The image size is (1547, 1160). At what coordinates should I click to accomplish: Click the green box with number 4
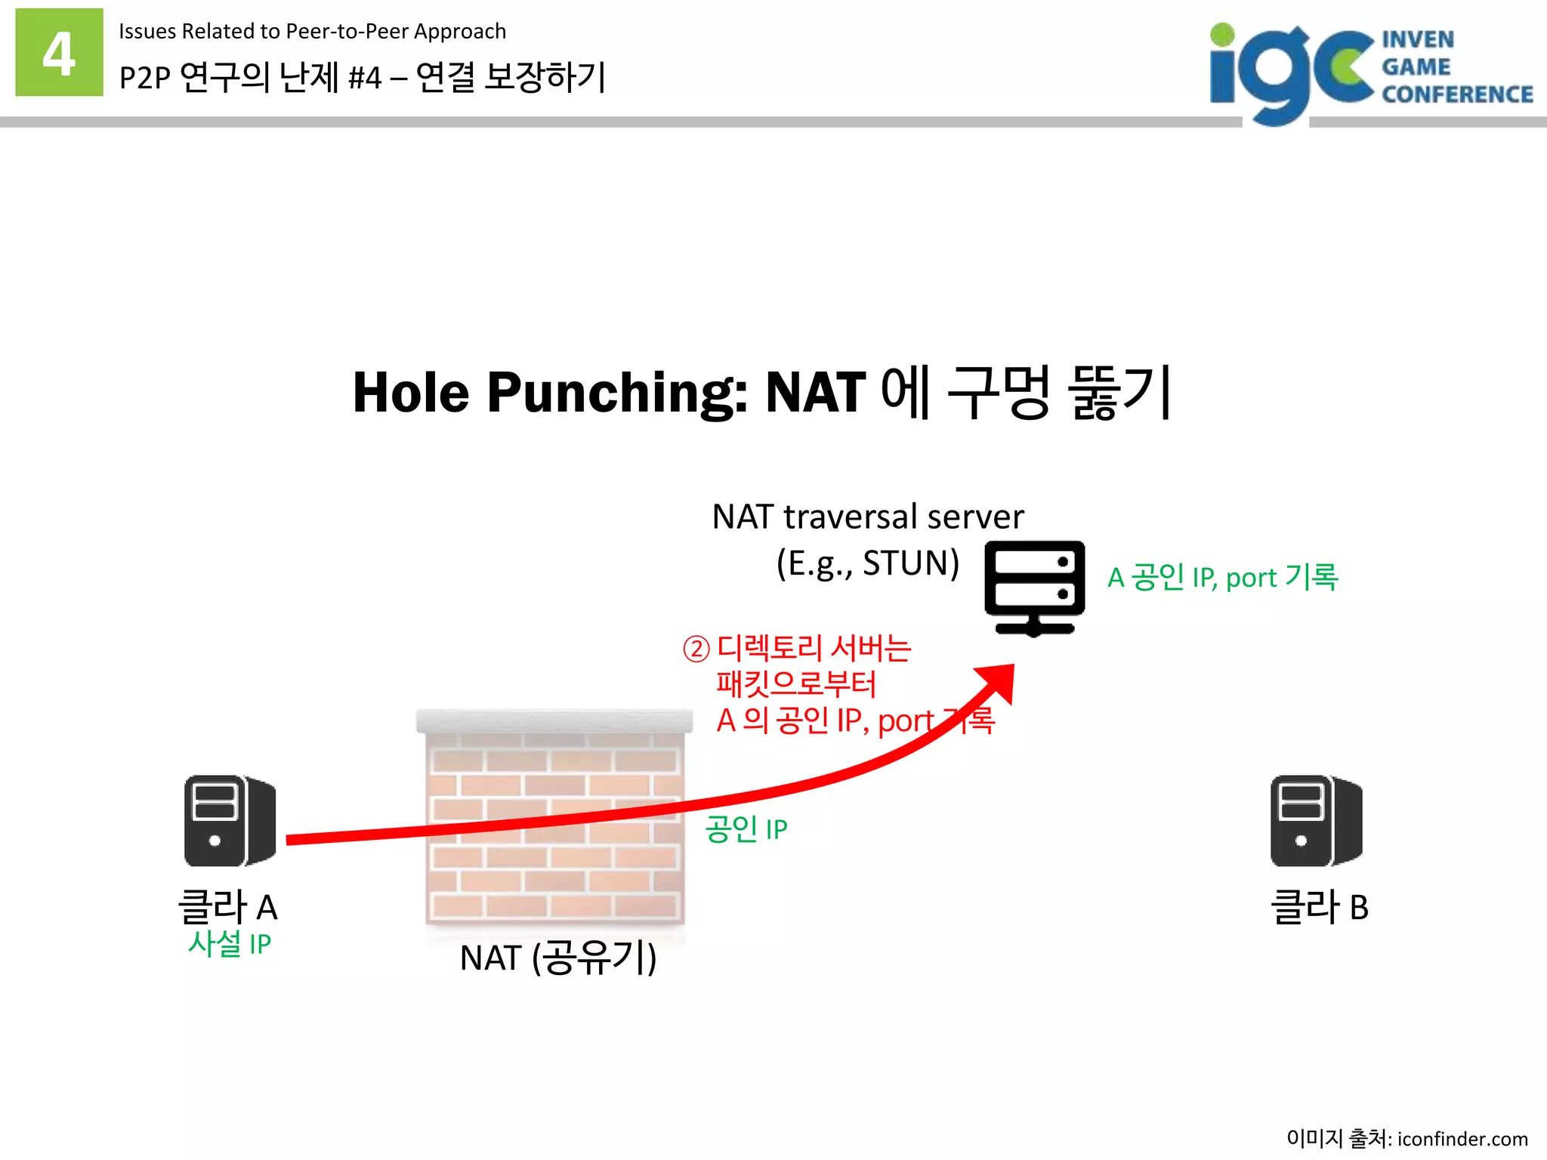59,52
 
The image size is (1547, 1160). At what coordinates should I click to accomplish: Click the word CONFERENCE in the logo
1457,94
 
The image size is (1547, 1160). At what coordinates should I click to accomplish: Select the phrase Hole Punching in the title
550,393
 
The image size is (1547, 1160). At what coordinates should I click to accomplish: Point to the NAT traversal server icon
1034,588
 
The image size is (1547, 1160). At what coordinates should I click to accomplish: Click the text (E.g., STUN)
868,563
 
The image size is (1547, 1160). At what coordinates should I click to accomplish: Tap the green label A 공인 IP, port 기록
1222,578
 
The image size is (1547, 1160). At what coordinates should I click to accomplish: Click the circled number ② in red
696,649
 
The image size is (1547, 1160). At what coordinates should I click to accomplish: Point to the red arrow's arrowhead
999,679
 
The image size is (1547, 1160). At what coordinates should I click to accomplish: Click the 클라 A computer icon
230,820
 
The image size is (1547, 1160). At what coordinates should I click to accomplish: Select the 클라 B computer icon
1316,820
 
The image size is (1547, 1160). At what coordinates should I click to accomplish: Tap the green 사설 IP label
230,944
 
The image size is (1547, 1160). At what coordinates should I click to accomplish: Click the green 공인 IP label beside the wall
746,829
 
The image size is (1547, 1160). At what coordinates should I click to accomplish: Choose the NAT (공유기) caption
558,958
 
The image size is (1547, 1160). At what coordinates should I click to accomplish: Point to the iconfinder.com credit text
1462,1138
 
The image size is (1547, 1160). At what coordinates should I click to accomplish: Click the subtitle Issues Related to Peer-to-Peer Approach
312,32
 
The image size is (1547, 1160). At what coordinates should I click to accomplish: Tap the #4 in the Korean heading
365,78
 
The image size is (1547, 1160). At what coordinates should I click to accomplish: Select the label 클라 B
1320,907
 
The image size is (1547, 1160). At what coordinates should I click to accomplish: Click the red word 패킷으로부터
796,684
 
